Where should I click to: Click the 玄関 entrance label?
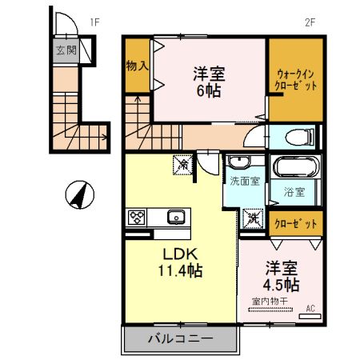pyautogui.click(x=66, y=50)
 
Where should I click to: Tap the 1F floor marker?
pyautogui.click(x=94, y=22)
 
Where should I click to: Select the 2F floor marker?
pyautogui.click(x=311, y=22)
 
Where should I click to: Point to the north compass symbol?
pyautogui.click(x=78, y=194)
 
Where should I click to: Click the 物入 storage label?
pyautogui.click(x=136, y=65)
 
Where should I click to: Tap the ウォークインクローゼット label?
pyautogui.click(x=295, y=78)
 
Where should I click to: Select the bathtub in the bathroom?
pyautogui.click(x=294, y=169)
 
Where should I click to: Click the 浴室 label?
pyautogui.click(x=294, y=192)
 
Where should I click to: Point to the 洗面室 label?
pyautogui.click(x=244, y=182)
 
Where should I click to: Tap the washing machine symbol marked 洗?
pyautogui.click(x=253, y=217)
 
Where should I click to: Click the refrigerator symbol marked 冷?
pyautogui.click(x=182, y=164)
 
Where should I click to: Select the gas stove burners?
pyautogui.click(x=137, y=217)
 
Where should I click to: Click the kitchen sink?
pyautogui.click(x=175, y=217)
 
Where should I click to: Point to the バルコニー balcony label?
pyautogui.click(x=181, y=338)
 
